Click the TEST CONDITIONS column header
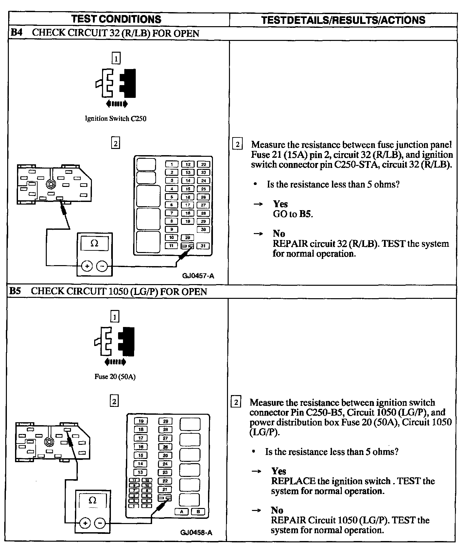[x=116, y=19]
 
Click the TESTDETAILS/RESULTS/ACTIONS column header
[x=343, y=20]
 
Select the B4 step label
[x=16, y=33]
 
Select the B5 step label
[x=15, y=291]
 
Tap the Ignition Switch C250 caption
[x=115, y=118]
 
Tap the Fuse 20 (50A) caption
[x=115, y=376]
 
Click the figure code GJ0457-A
[x=198, y=276]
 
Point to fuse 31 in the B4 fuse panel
[x=203, y=246]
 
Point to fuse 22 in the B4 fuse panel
[x=203, y=164]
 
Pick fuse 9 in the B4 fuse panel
[x=171, y=229]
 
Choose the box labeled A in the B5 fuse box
[x=182, y=512]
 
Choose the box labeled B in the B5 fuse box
[x=198, y=512]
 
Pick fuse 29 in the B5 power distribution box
[x=166, y=421]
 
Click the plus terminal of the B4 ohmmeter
[x=87, y=266]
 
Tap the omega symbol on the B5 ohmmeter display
[x=92, y=500]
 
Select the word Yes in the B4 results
[x=280, y=204]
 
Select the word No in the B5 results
[x=277, y=510]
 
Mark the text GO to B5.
[x=293, y=214]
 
